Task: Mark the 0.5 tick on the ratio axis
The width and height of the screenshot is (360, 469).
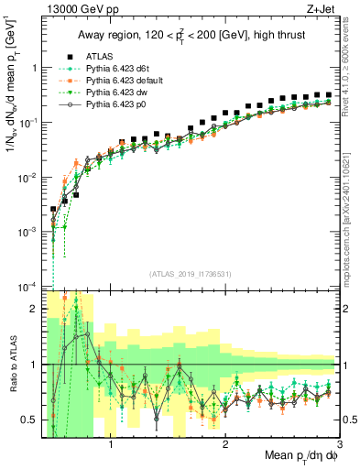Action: (x=29, y=420)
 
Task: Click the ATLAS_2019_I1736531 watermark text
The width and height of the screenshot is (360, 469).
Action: (x=191, y=274)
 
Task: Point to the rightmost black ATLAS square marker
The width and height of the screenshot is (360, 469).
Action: (x=328, y=94)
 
